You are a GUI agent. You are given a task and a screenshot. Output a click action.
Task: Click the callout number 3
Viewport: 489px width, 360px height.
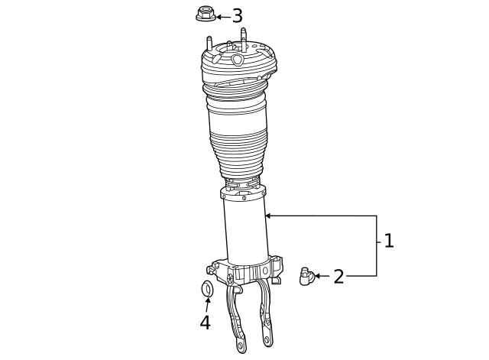point(237,16)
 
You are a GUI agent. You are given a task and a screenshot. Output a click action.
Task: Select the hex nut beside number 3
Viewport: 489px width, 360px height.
point(205,14)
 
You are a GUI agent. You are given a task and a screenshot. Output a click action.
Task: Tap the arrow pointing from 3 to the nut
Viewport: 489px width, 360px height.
point(222,16)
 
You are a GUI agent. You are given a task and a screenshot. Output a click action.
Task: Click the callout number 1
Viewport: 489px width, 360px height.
point(389,242)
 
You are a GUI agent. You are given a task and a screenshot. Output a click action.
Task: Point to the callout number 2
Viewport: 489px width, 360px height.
point(338,277)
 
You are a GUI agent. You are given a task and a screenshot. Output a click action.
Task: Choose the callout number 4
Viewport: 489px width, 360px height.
point(205,323)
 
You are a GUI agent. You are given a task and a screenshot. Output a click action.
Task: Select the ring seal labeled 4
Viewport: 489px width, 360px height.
point(206,289)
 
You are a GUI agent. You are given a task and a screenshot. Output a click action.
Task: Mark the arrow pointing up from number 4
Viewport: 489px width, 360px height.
point(206,303)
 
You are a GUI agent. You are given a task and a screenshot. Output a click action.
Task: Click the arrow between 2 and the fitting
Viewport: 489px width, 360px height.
point(322,276)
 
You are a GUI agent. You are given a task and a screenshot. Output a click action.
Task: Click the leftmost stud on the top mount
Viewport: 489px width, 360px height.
point(207,44)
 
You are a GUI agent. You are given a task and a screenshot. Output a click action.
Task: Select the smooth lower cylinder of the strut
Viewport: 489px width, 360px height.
point(245,233)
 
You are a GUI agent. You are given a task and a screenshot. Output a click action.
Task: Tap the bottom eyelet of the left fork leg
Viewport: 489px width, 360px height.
point(241,347)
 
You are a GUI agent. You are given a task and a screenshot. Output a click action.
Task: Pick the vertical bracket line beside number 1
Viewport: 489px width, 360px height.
point(377,245)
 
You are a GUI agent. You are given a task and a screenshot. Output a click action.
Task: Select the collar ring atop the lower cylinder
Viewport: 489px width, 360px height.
point(243,193)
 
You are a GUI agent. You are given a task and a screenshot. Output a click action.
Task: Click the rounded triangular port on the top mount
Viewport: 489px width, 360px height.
point(238,59)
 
